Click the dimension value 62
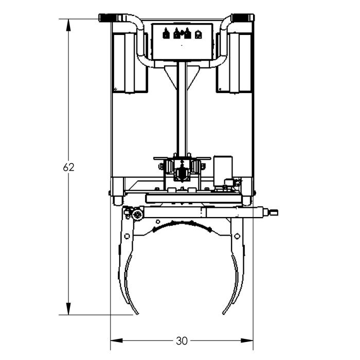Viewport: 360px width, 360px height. pos(68,167)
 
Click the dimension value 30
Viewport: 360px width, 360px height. pos(182,341)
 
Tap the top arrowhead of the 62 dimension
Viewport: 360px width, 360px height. pos(68,25)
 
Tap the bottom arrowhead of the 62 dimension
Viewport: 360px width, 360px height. pos(68,309)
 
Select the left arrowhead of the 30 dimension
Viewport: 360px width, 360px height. pos(117,340)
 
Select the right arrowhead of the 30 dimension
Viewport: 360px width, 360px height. pos(247,340)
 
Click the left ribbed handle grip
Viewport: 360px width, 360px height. pos(108,17)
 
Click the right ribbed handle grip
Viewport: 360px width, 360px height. pos(241,17)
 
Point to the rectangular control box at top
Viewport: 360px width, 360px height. pos(182,42)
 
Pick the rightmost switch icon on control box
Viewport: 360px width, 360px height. pos(199,34)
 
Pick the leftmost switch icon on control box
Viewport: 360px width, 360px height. pos(166,33)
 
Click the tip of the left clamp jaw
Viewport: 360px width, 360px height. pos(137,314)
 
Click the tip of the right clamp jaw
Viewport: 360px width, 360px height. pos(224,313)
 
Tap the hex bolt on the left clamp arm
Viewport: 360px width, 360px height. pos(127,236)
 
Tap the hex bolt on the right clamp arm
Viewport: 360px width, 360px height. pos(237,236)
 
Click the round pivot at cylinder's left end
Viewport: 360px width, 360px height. pos(137,215)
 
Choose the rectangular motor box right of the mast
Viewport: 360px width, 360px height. pos(223,171)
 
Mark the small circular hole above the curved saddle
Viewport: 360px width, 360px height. pos(158,222)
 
